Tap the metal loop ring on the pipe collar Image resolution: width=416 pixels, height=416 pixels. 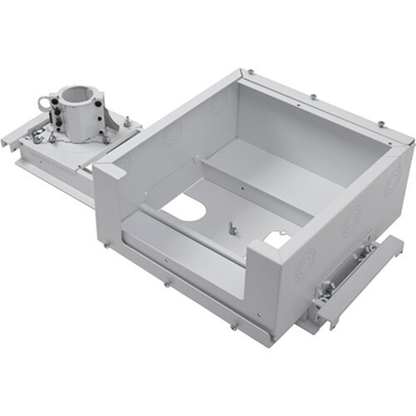pos(43,104)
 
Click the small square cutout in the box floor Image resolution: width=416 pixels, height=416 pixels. pos(275,239)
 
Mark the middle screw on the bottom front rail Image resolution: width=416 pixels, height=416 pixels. pos(167,283)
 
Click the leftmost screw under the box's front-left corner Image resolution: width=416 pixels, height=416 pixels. pos(106,244)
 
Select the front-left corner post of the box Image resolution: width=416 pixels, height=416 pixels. pos(108,200)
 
